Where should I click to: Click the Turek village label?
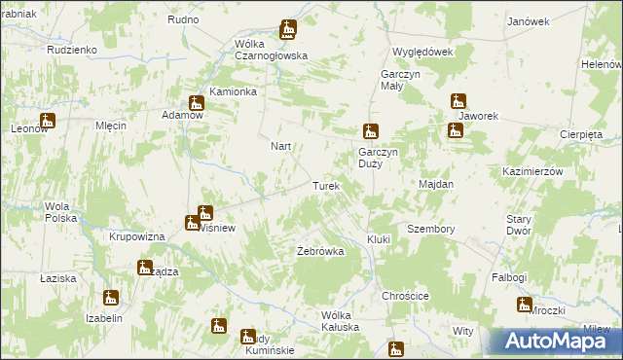[325, 185]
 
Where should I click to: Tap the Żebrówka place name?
[320, 251]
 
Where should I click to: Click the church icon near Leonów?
[47, 122]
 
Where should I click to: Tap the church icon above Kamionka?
[197, 103]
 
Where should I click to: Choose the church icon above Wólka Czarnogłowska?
[288, 30]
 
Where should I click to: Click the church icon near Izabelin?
[111, 298]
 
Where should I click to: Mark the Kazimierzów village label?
[533, 170]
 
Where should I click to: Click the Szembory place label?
[431, 229]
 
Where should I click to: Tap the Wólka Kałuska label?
[341, 320]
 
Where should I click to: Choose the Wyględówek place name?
[422, 52]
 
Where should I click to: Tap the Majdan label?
[436, 183]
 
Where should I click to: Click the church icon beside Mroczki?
[525, 306]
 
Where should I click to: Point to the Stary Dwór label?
[518, 226]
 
